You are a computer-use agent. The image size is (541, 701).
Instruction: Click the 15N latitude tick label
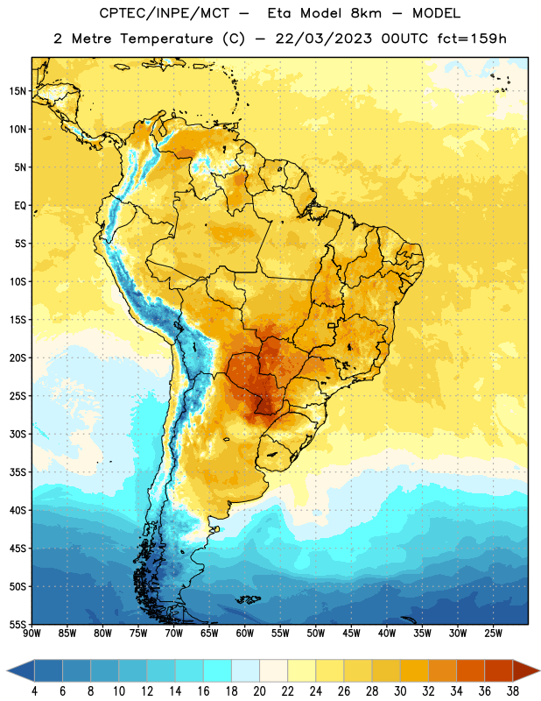click(18, 91)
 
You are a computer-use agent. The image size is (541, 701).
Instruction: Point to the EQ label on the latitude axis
click(20, 206)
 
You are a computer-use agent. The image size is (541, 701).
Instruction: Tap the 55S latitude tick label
click(18, 624)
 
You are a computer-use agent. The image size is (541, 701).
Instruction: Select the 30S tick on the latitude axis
click(18, 434)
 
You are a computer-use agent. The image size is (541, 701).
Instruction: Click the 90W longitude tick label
click(32, 634)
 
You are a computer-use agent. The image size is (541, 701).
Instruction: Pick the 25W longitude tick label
click(493, 634)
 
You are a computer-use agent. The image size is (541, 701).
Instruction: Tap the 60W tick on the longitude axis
click(245, 634)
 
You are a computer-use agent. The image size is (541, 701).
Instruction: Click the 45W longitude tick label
click(351, 634)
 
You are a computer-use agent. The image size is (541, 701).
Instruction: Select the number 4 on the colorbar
click(34, 691)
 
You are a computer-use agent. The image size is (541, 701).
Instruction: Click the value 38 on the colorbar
click(513, 691)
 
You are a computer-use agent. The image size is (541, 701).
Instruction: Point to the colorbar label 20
click(259, 691)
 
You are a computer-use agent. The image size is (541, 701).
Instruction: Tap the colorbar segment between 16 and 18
click(217, 670)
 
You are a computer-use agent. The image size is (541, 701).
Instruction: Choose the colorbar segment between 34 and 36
click(470, 670)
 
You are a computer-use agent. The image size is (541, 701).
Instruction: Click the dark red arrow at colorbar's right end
click(525, 670)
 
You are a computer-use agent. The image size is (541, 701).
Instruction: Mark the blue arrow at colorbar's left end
click(21, 670)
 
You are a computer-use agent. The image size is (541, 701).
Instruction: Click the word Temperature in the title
click(166, 39)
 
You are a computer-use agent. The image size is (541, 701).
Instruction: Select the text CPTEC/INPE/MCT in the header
click(164, 13)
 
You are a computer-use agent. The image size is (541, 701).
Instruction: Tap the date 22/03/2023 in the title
click(323, 39)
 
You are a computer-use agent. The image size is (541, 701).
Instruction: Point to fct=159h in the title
click(472, 39)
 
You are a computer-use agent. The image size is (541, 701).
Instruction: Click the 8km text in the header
click(366, 13)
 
